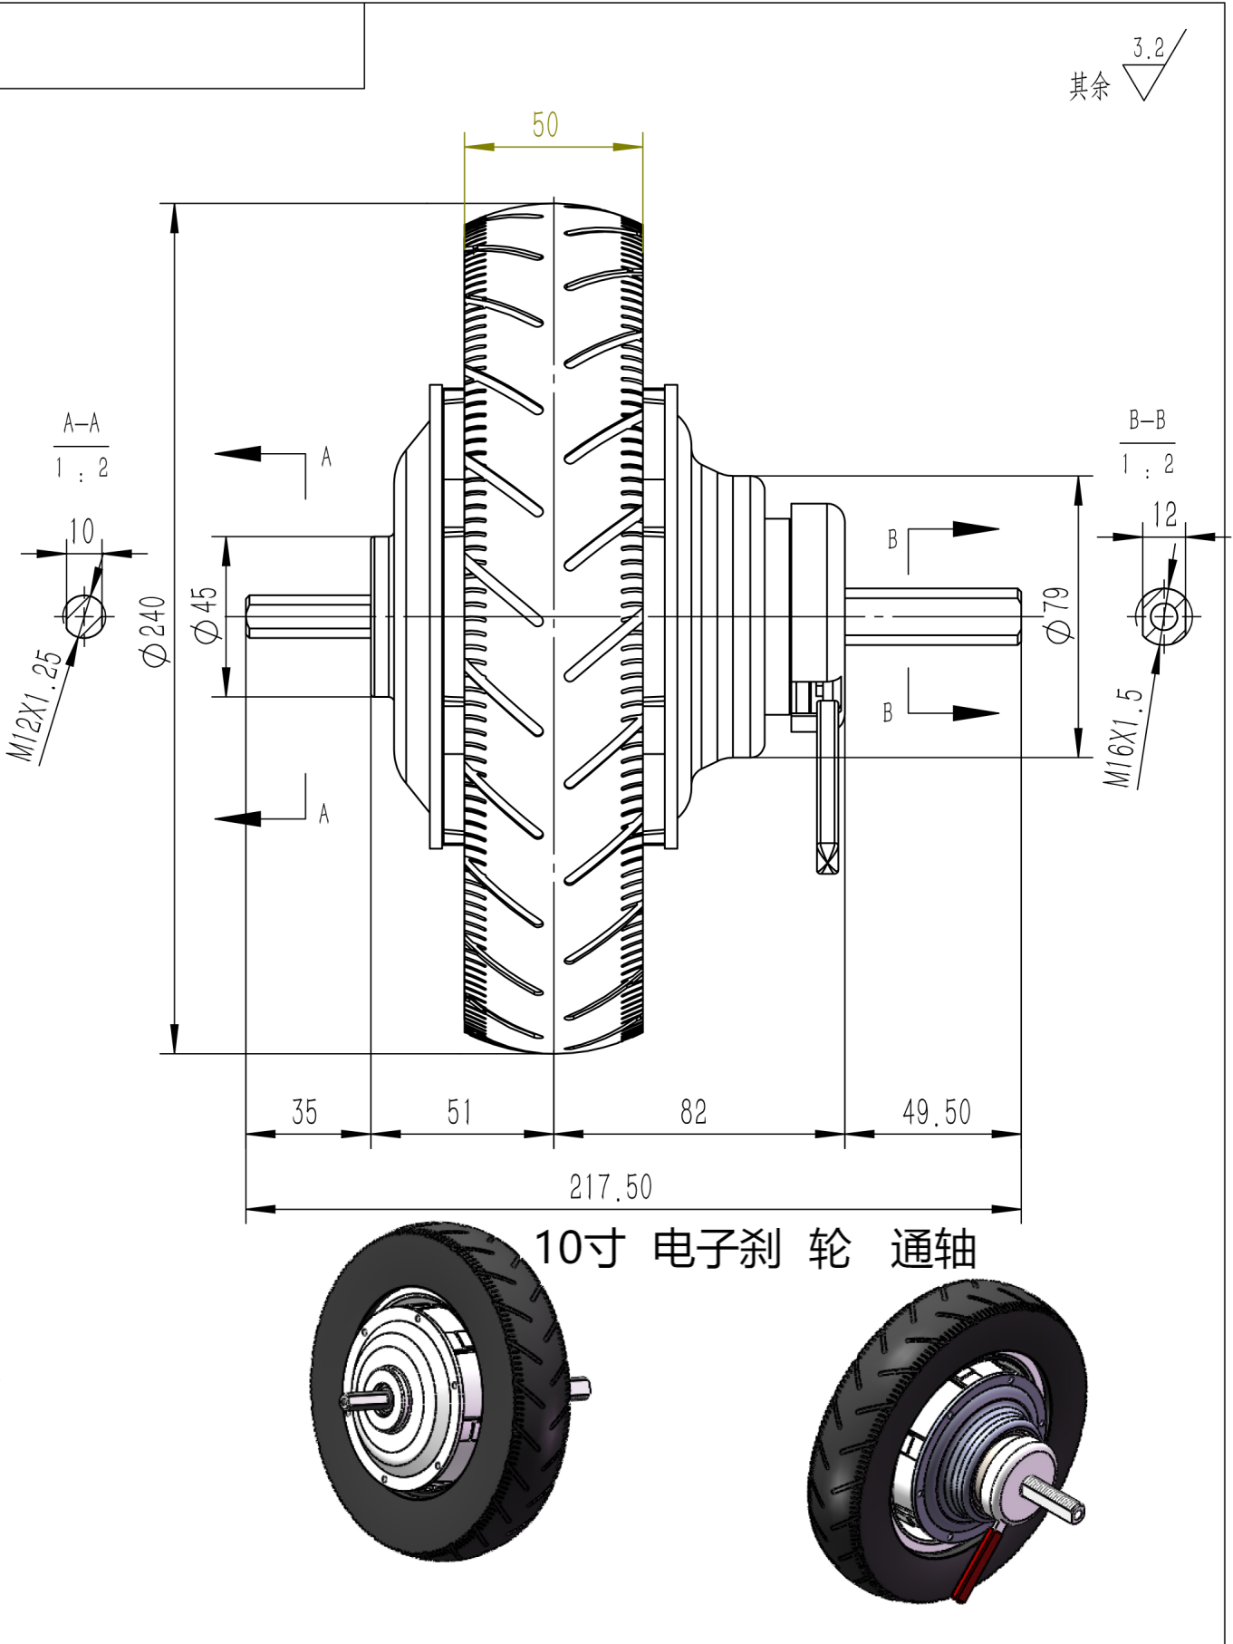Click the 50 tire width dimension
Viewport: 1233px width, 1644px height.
pos(545,125)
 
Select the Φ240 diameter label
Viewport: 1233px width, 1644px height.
pos(154,630)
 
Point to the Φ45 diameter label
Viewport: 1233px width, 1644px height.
pos(206,614)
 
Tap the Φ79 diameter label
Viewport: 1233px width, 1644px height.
pos(1057,614)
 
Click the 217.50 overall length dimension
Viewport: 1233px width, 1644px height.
pos(611,1187)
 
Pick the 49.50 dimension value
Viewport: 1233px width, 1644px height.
pos(936,1112)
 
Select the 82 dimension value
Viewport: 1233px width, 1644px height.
pos(693,1112)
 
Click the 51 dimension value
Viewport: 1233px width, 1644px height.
pos(459,1112)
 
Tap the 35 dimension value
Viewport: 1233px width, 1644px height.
pos(304,1112)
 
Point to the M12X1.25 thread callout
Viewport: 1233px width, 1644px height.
pos(36,705)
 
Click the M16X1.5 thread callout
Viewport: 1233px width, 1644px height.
pos(1122,736)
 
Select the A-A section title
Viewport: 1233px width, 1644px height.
pos(82,423)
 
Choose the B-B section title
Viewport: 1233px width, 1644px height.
pos(1147,420)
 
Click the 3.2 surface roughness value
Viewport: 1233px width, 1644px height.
pos(1149,48)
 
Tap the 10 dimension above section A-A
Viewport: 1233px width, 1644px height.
pos(82,531)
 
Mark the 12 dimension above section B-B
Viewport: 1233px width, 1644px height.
pos(1165,515)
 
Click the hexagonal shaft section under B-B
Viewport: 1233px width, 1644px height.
pos(1163,617)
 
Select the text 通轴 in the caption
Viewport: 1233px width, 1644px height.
pos(932,1250)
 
